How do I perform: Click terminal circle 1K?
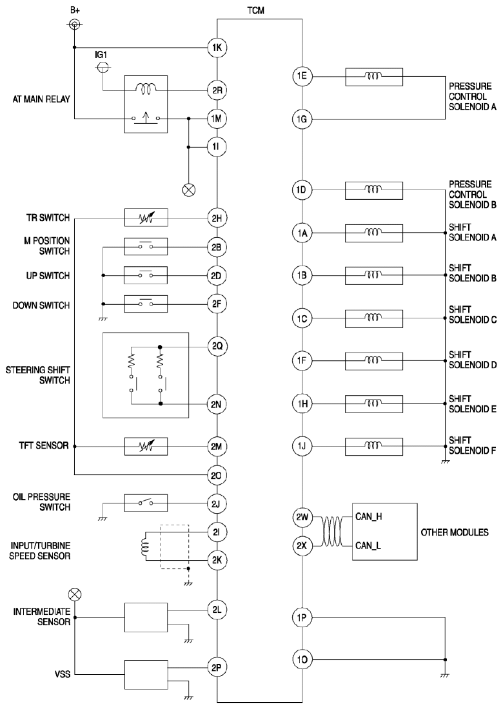217,48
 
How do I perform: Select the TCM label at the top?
255,10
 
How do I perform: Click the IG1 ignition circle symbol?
103,68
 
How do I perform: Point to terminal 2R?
217,90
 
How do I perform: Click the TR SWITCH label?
48,218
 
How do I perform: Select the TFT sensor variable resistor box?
146,446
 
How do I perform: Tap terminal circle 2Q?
217,347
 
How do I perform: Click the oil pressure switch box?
146,503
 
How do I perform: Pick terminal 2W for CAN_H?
302,518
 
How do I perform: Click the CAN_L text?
368,545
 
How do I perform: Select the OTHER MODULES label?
455,532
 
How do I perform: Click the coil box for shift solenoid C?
373,318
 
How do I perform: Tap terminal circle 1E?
302,77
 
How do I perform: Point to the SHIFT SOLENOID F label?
472,445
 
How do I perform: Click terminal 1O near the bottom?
302,659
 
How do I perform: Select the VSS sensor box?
146,675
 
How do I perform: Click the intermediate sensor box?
146,617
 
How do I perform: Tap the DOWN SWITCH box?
146,304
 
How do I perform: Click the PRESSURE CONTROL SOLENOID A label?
472,96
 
